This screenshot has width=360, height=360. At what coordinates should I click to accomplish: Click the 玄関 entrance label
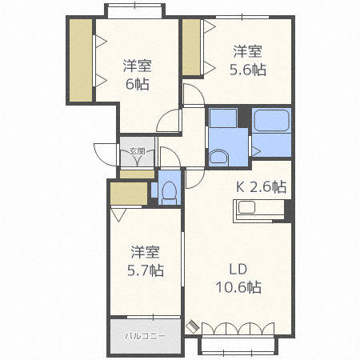137,151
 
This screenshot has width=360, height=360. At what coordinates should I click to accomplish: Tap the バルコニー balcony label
146,336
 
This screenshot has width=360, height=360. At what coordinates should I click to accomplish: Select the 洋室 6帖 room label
138,75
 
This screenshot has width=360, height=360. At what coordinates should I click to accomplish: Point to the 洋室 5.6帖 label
248,61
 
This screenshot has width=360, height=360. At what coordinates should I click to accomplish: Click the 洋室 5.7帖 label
146,261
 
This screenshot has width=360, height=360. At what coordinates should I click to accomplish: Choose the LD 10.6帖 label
238,278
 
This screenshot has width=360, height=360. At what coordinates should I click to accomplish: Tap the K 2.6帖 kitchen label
262,186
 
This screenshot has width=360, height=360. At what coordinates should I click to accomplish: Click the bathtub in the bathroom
271,120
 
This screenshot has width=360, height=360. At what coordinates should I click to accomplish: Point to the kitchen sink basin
246,207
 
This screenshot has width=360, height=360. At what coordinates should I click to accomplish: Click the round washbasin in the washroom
218,158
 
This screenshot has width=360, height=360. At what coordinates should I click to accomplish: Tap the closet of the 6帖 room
81,60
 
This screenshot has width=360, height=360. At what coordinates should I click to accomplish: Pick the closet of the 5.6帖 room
191,47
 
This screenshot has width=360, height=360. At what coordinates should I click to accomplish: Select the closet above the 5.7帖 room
129,194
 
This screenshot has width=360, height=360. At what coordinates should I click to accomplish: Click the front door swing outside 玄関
106,154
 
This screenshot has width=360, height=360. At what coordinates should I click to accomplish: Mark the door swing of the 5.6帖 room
194,95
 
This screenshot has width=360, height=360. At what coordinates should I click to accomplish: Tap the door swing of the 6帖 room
168,120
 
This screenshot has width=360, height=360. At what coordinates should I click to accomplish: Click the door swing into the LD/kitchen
195,178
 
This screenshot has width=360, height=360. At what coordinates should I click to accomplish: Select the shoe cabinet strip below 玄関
137,174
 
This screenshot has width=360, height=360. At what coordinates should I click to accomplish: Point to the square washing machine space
223,118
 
